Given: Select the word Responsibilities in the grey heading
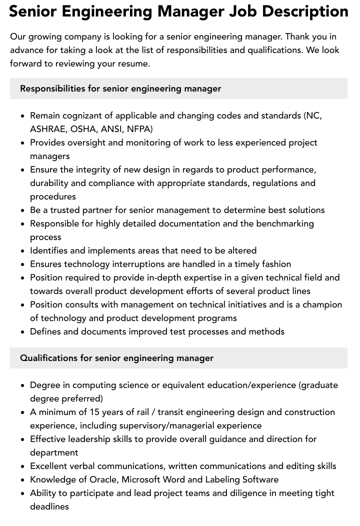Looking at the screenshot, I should [x=52, y=88].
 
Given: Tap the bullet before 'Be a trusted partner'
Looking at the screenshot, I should [x=22, y=210].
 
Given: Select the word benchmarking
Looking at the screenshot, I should [x=285, y=223].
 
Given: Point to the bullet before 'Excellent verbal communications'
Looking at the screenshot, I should [x=22, y=466].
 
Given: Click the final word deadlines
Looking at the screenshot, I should [x=49, y=506].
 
